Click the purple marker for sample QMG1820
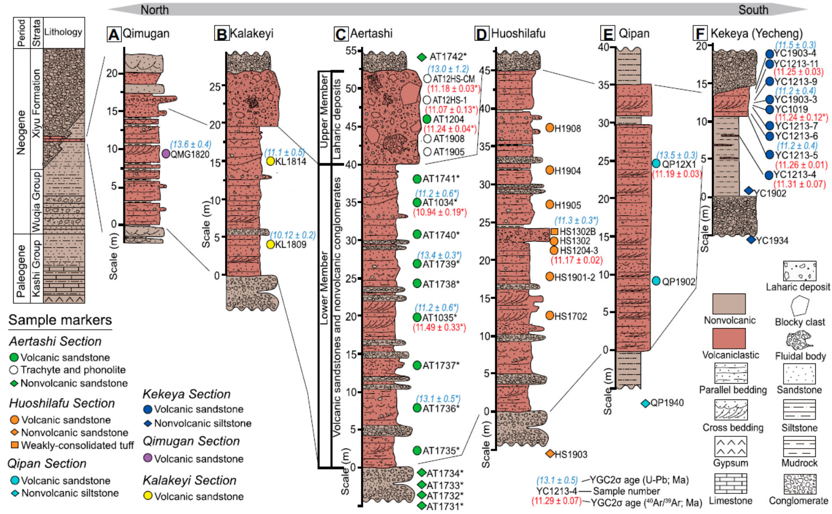[x=166, y=154]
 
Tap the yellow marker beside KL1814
[x=270, y=161]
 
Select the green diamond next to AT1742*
[x=421, y=57]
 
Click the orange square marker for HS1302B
[x=554, y=231]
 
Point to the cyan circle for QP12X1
[x=656, y=164]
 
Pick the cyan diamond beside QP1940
[x=645, y=403]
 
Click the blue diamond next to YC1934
[x=751, y=240]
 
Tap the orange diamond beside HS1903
[x=550, y=454]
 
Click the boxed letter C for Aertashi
[x=340, y=35]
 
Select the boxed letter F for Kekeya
[x=700, y=34]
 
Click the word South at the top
[x=753, y=10]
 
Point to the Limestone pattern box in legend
[x=730, y=483]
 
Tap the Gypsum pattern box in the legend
[x=730, y=447]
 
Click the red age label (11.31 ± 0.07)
[x=800, y=184]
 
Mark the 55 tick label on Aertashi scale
[x=352, y=51]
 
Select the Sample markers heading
[x=60, y=320]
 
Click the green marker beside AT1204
[x=427, y=119]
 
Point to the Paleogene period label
[x=21, y=270]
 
